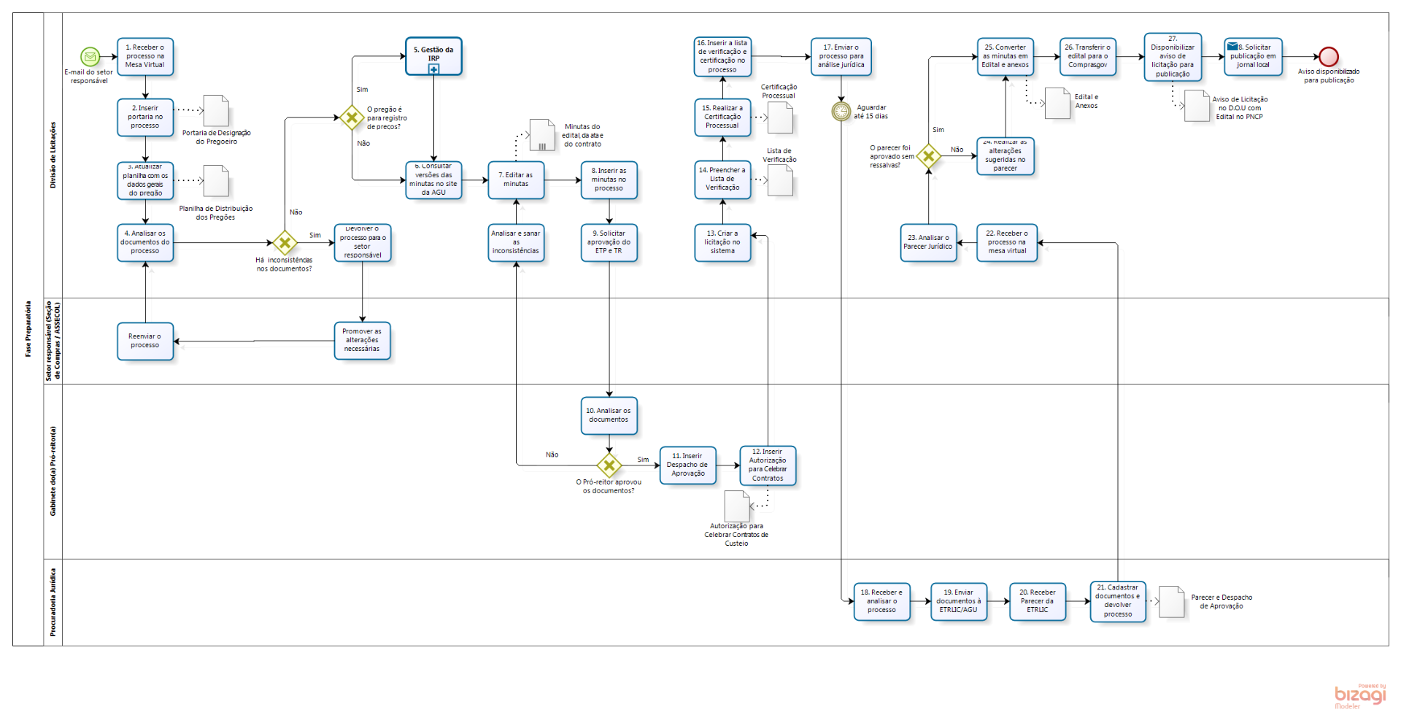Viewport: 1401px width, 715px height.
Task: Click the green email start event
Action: pyautogui.click(x=90, y=56)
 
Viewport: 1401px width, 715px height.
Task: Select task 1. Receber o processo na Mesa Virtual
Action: pyautogui.click(x=145, y=56)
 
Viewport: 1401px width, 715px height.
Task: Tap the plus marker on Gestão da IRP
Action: pyautogui.click(x=433, y=69)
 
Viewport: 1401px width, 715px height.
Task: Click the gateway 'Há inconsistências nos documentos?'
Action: pyautogui.click(x=285, y=243)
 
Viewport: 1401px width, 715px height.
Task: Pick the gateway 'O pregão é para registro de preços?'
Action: pyautogui.click(x=352, y=117)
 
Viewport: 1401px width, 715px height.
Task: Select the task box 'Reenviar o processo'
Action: pyautogui.click(x=145, y=341)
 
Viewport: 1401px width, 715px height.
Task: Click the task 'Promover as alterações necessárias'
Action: pyautogui.click(x=362, y=341)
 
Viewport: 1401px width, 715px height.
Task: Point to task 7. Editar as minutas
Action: pyautogui.click(x=516, y=179)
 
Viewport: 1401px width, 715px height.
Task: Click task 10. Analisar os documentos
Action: pyautogui.click(x=609, y=415)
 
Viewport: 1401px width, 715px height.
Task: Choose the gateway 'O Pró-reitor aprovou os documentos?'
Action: pyautogui.click(x=609, y=465)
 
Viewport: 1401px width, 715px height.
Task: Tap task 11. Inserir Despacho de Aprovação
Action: pyautogui.click(x=687, y=465)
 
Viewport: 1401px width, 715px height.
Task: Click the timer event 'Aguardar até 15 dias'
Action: pyautogui.click(x=841, y=111)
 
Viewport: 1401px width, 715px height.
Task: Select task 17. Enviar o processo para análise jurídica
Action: pyautogui.click(x=841, y=56)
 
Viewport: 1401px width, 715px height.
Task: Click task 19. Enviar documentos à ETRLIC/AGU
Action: pyautogui.click(x=958, y=601)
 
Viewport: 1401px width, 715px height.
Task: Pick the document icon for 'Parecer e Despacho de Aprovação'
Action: pyautogui.click(x=1171, y=601)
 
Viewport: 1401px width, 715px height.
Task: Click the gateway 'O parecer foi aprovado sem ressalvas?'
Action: pyautogui.click(x=928, y=155)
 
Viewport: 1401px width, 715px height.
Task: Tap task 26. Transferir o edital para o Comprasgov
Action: pyautogui.click(x=1087, y=56)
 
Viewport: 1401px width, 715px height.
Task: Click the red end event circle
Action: pyautogui.click(x=1328, y=56)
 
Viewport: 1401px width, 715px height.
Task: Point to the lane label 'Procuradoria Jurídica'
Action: pyautogui.click(x=53, y=602)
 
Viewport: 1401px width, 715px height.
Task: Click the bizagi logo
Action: pyautogui.click(x=1359, y=695)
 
